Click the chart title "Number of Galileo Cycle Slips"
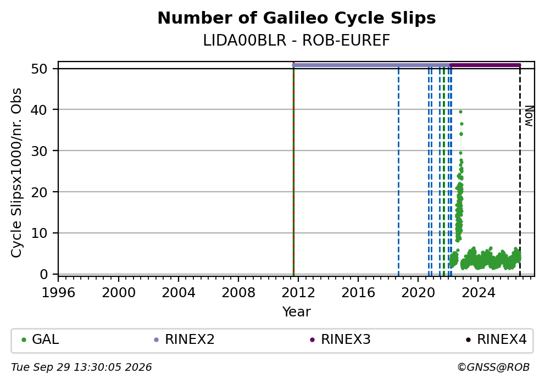click(x=297, y=18)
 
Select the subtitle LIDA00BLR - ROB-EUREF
click(x=297, y=41)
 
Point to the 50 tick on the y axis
click(x=39, y=69)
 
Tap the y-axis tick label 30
click(x=39, y=151)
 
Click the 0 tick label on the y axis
click(x=44, y=274)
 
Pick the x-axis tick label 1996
click(x=58, y=293)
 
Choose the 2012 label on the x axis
click(x=298, y=293)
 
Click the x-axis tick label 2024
click(x=477, y=293)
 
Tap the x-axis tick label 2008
click(x=238, y=293)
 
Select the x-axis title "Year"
click(x=297, y=311)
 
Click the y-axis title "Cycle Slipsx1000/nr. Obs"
click(x=16, y=172)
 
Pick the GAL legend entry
click(x=40, y=340)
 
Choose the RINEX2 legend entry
click(x=184, y=340)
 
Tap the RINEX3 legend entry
click(x=340, y=340)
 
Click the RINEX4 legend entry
click(x=496, y=340)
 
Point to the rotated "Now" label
click(x=529, y=116)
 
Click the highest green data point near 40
click(x=460, y=112)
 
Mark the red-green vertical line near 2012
click(x=293, y=170)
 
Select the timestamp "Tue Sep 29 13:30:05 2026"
click(x=81, y=368)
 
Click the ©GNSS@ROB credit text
click(x=493, y=368)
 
